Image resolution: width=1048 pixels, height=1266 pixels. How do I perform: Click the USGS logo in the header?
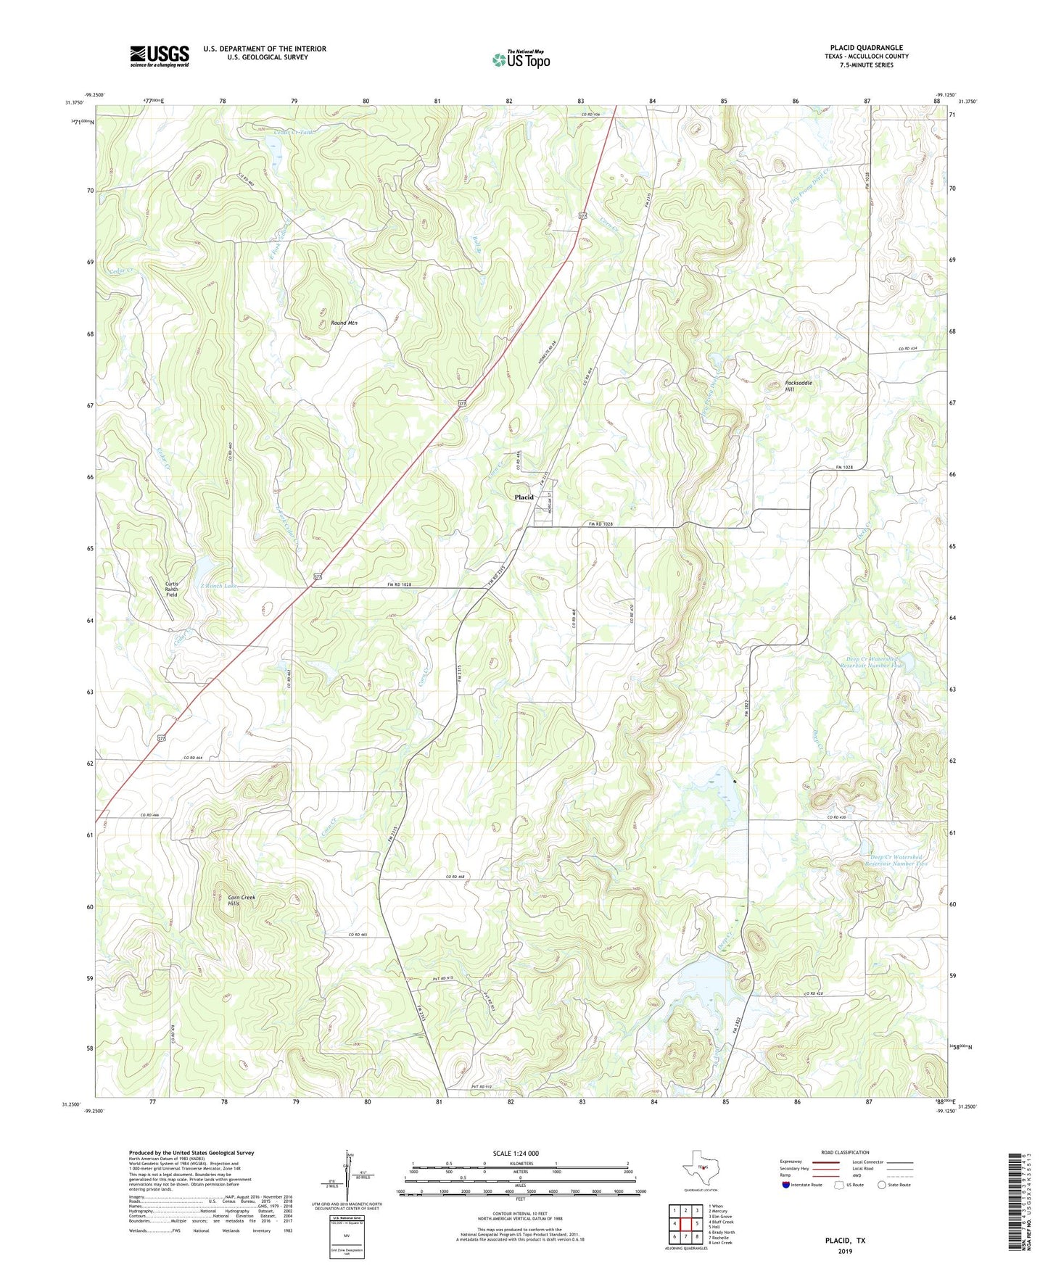click(159, 56)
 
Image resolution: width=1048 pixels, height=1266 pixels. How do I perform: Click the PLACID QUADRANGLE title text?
click(866, 48)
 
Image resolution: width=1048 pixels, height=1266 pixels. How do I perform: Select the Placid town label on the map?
click(524, 497)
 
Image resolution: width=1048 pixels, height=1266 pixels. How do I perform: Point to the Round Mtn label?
click(344, 323)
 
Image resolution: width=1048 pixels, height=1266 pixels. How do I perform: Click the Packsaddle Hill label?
click(798, 386)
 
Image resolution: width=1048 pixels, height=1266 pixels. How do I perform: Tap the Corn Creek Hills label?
click(242, 901)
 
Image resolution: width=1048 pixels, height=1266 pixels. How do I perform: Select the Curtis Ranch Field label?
click(171, 589)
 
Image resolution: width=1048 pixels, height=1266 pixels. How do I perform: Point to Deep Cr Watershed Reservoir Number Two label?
click(899, 861)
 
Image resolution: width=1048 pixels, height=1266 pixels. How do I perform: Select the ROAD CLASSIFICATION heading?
click(846, 1152)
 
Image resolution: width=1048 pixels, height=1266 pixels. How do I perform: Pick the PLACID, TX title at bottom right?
click(845, 1241)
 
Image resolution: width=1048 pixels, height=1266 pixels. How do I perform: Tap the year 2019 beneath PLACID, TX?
click(845, 1251)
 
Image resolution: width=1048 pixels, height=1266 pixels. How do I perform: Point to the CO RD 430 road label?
click(836, 818)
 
